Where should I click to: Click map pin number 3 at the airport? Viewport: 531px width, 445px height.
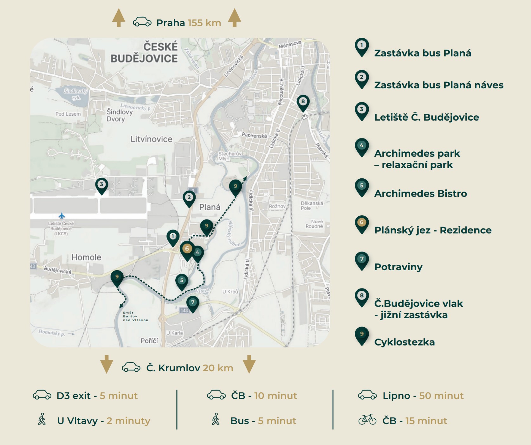tap(101, 185)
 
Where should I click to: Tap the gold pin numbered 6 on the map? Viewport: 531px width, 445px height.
tap(187, 250)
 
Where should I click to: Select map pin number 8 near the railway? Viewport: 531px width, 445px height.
tap(303, 102)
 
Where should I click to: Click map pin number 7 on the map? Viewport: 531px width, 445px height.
tap(193, 303)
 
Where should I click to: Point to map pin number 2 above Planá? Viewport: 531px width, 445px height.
tap(189, 198)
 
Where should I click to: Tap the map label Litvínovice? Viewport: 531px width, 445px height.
tap(151, 139)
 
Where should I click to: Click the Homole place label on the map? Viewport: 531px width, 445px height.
tap(86, 257)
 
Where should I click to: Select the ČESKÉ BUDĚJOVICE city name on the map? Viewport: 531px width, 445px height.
tap(145, 53)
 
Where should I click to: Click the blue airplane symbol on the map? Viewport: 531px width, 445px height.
tap(62, 216)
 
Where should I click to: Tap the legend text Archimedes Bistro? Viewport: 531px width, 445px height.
tap(420, 194)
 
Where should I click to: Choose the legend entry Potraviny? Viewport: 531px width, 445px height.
tap(398, 267)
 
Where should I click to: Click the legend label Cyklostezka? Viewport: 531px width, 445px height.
tap(404, 342)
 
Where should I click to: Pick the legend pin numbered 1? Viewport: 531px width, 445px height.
tap(362, 46)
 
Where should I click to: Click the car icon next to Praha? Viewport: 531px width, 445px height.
tap(142, 22)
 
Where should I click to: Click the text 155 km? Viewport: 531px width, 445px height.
tap(204, 23)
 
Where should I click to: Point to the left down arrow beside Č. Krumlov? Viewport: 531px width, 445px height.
tap(107, 364)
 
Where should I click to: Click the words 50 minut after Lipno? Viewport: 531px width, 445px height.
tap(441, 396)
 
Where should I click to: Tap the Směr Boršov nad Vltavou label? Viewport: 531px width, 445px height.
tap(135, 316)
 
